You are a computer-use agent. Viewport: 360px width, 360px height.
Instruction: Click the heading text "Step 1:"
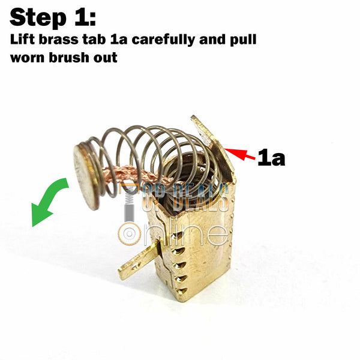pos(53,18)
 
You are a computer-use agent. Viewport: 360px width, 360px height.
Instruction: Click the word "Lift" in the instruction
pos(22,40)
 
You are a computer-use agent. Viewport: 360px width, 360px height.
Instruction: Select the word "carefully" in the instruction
pos(163,40)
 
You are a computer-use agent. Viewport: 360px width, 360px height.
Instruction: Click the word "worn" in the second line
pos(28,58)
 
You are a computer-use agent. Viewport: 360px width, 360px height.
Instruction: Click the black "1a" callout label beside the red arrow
pos(271,157)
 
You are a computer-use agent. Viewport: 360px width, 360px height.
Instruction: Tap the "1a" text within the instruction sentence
pos(119,40)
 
